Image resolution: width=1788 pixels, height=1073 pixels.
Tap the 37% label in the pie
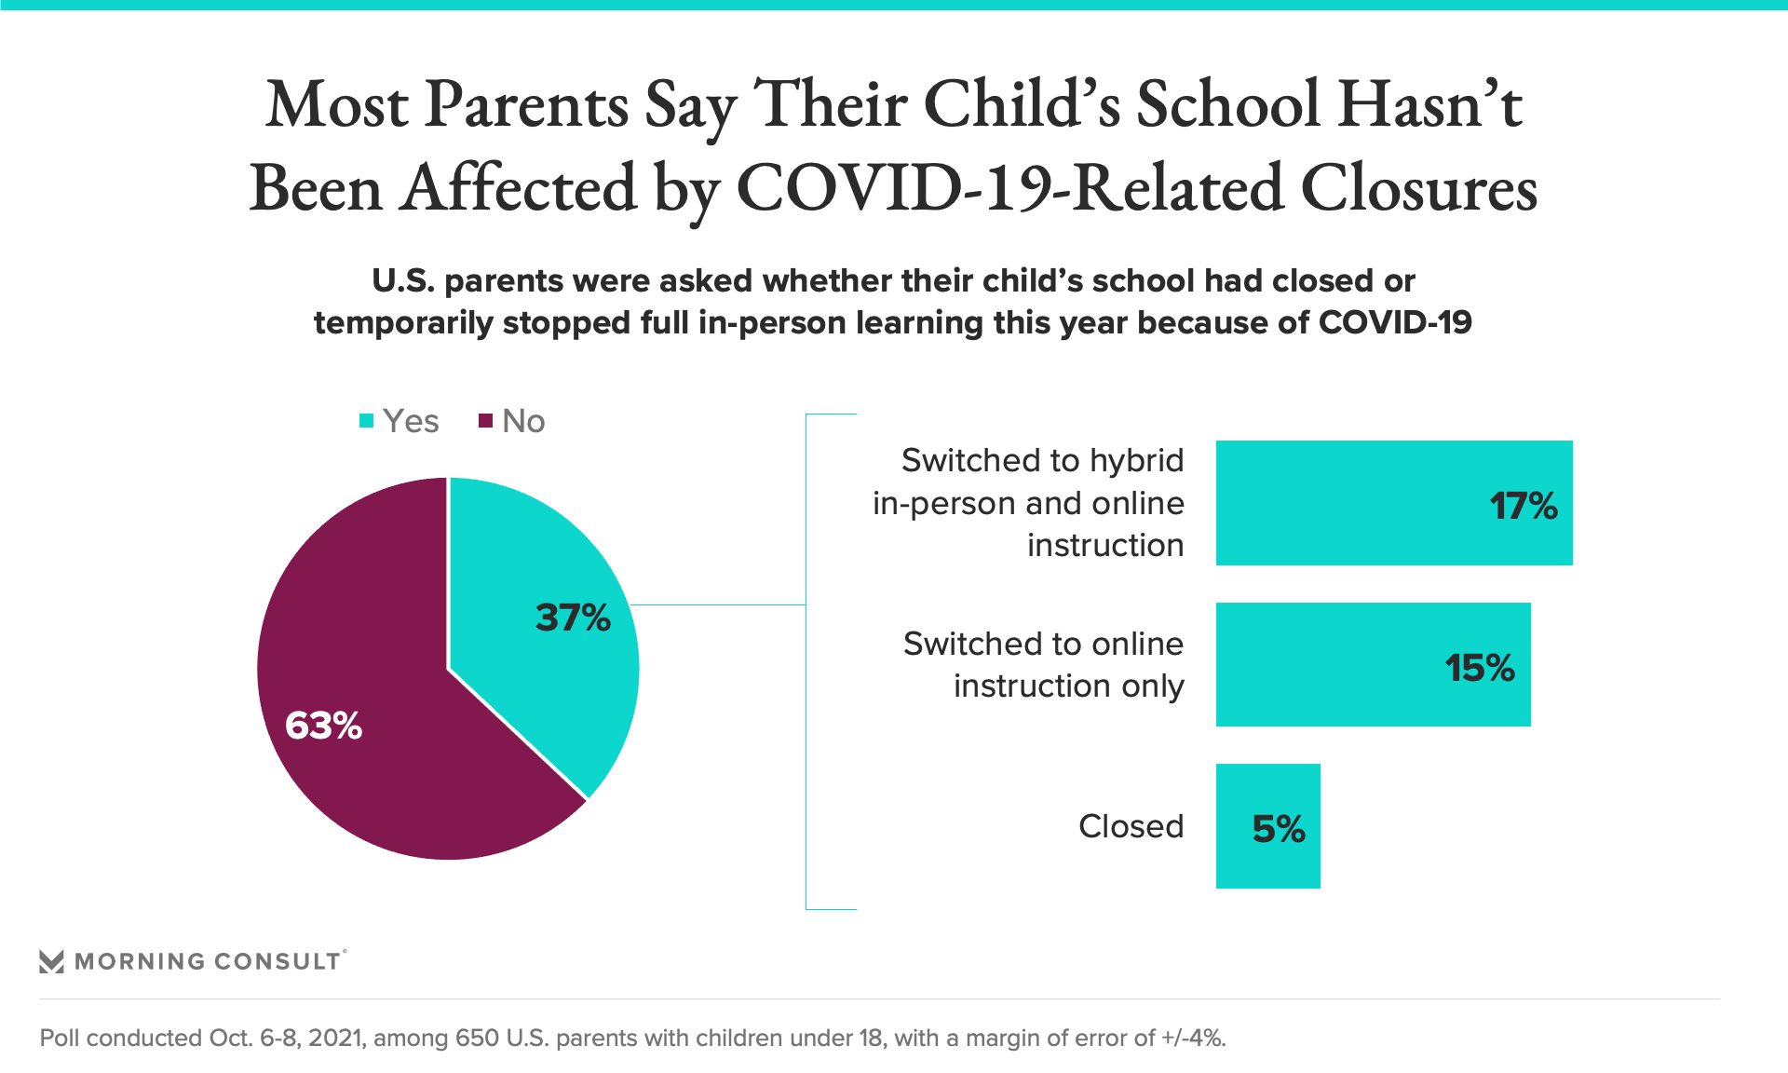coord(573,618)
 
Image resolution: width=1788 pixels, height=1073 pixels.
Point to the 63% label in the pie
coord(323,726)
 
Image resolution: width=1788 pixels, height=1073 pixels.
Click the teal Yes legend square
coord(367,421)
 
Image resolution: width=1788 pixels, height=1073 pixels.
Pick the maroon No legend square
coord(485,421)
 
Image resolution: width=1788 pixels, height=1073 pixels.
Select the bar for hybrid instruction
coord(1394,503)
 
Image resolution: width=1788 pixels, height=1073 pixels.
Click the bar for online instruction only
coord(1374,664)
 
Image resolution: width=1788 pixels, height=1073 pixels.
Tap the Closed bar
coord(1268,826)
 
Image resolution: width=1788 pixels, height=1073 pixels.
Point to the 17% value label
coord(1524,506)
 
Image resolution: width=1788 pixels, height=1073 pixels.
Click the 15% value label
coord(1480,668)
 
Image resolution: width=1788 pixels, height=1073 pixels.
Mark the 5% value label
coord(1279,829)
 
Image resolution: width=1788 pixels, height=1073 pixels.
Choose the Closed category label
coord(1131,826)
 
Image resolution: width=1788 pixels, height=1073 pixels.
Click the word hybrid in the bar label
coord(1137,461)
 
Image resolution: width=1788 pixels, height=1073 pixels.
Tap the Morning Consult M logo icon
coord(52,961)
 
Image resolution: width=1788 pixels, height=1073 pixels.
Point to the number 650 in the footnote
coord(478,1038)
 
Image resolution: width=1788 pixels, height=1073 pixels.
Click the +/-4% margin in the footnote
coord(1194,1038)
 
